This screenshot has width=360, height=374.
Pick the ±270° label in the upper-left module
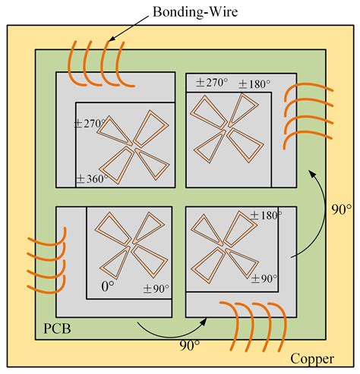[x=91, y=123]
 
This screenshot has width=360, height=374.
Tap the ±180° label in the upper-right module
[x=254, y=83]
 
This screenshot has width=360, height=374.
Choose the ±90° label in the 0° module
[x=157, y=288]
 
